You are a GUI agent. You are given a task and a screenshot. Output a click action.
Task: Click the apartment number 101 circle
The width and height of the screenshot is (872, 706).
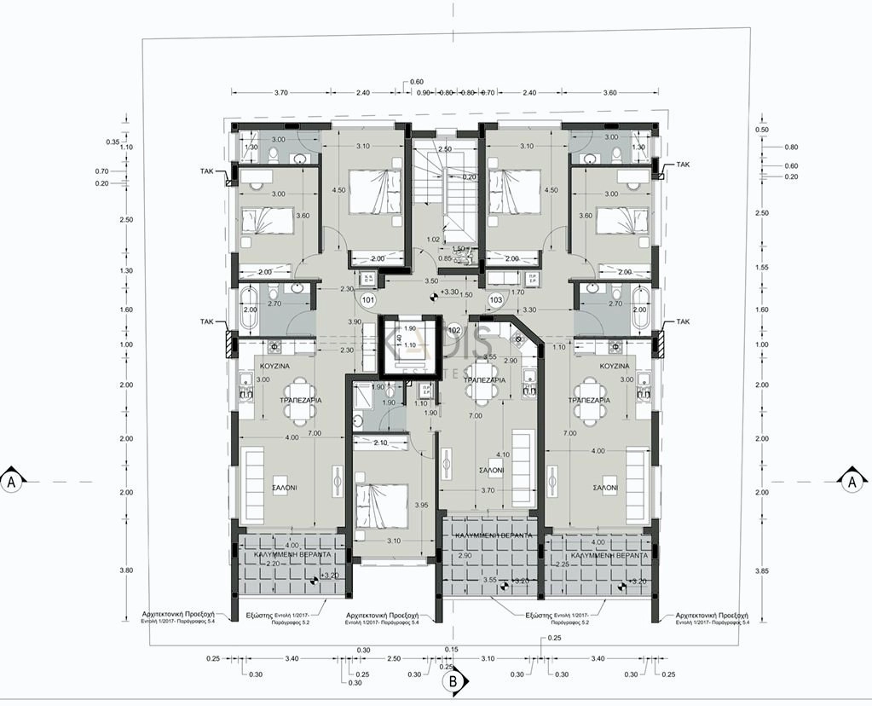[x=368, y=300]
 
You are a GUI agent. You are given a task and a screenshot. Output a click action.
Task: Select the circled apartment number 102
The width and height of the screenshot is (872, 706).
[x=453, y=329]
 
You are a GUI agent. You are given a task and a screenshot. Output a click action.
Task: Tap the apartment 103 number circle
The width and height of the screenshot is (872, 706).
[x=496, y=300]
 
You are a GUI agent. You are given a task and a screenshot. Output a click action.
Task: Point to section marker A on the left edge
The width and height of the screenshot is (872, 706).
[x=11, y=481]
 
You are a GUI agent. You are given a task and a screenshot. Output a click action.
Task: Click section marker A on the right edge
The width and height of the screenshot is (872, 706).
[x=852, y=481]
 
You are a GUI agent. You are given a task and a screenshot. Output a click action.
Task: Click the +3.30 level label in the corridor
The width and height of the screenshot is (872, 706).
[x=448, y=292]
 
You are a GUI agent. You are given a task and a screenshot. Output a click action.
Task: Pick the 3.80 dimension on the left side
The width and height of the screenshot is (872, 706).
[x=125, y=570]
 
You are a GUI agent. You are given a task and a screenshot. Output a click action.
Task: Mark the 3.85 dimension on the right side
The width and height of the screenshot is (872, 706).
[x=762, y=570]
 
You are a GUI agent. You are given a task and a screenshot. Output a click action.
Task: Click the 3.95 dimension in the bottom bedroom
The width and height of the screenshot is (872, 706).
[x=419, y=505]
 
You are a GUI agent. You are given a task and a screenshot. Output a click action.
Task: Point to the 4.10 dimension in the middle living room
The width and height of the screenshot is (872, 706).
[x=502, y=454]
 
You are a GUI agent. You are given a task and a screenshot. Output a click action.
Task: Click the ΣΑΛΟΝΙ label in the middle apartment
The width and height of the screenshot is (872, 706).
[x=490, y=470]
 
